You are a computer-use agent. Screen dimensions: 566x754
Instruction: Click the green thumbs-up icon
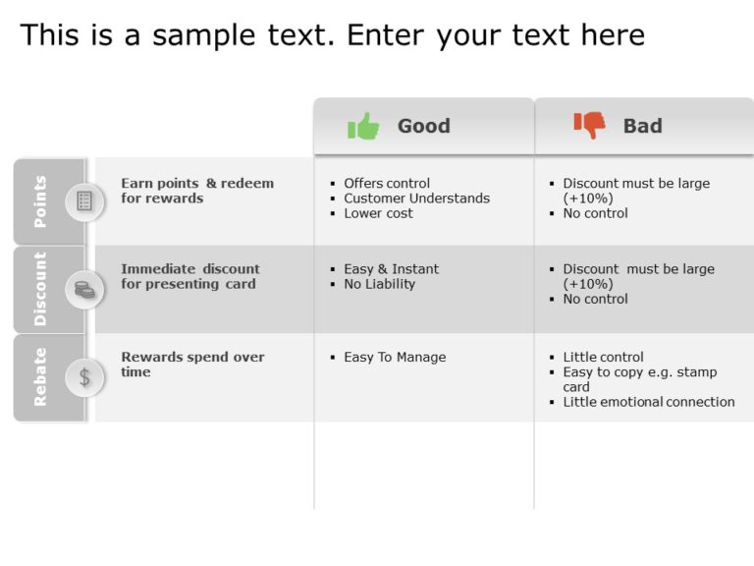tap(363, 126)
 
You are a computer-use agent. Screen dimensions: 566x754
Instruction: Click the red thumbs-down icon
tap(590, 125)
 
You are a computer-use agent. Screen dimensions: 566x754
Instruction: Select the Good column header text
tap(423, 126)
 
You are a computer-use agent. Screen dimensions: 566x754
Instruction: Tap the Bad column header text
tap(642, 126)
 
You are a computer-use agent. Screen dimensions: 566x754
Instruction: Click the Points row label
tap(40, 201)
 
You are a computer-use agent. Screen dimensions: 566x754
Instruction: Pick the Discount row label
tap(40, 289)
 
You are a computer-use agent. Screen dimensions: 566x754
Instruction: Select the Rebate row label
tap(40, 376)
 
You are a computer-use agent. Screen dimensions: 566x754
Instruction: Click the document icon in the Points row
tap(84, 201)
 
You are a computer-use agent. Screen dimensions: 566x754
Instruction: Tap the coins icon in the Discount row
tap(84, 289)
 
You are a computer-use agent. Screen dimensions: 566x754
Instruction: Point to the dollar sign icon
tap(84, 376)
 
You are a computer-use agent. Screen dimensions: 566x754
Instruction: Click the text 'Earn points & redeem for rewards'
tap(196, 191)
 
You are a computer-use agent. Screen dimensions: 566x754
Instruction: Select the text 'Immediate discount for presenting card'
tap(189, 276)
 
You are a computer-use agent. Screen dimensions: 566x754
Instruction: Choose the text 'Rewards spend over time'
tap(192, 365)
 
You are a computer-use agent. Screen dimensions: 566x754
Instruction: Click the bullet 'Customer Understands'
tap(416, 198)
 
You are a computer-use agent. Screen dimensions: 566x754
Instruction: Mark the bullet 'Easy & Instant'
tap(391, 269)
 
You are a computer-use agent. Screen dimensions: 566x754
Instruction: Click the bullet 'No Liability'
tap(379, 284)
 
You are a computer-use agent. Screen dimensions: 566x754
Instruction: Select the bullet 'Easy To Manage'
tap(395, 358)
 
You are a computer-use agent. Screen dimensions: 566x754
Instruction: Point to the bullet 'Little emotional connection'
tap(648, 402)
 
